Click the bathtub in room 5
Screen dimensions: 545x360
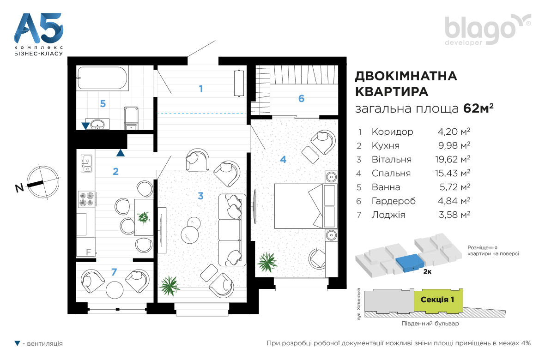[x=103, y=78]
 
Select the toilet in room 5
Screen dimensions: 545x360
[x=131, y=119]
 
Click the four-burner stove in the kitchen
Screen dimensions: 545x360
[x=86, y=199]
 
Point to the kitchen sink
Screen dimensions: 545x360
[x=86, y=163]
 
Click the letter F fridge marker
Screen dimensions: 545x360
[x=88, y=252]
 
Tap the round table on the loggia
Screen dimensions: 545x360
[x=115, y=289]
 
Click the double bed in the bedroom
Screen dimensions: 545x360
[x=305, y=206]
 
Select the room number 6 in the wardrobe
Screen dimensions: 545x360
[x=301, y=99]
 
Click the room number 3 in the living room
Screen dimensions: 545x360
[x=200, y=196]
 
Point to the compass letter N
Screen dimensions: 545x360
[x=19, y=188]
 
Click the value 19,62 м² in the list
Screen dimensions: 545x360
[x=453, y=159]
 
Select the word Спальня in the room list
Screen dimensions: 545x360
[x=391, y=173]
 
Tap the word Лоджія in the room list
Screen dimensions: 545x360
[x=388, y=215]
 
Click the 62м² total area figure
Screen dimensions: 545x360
[x=478, y=108]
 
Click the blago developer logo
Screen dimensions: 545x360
[x=488, y=30]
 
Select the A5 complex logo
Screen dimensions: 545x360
[x=39, y=34]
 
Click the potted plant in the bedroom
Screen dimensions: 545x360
[x=267, y=262]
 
